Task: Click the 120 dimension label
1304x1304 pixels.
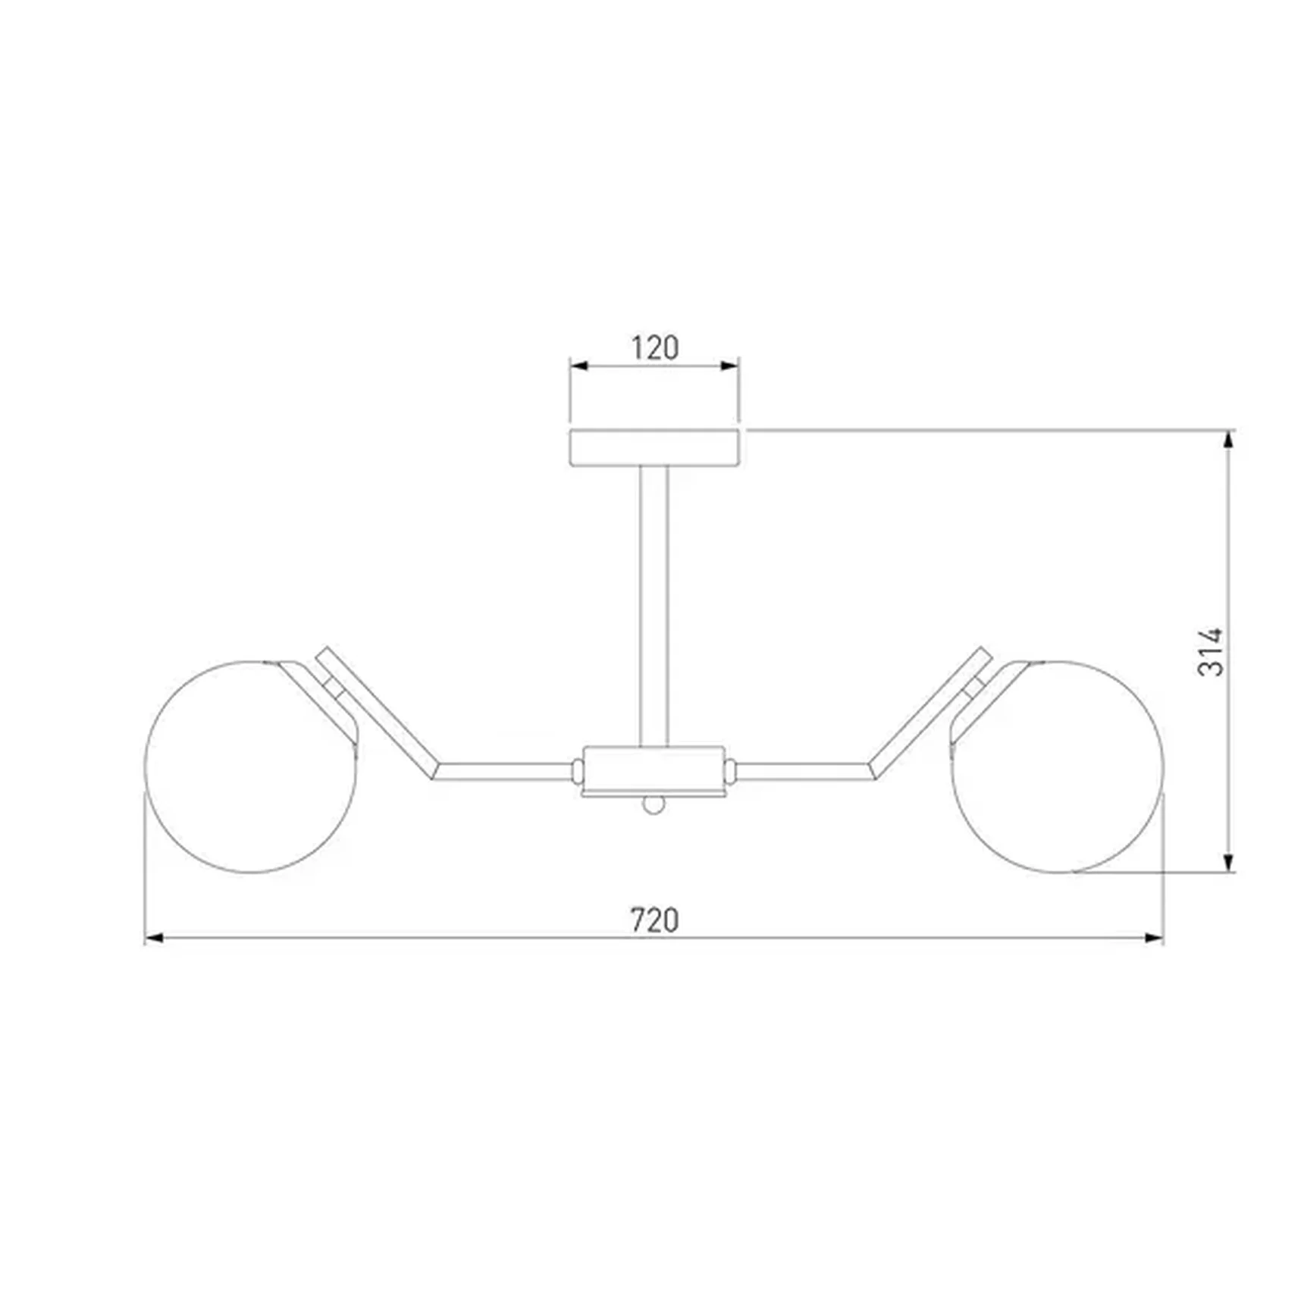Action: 655,348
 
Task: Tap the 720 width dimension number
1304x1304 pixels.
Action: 655,920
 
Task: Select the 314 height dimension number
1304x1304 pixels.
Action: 1210,651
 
